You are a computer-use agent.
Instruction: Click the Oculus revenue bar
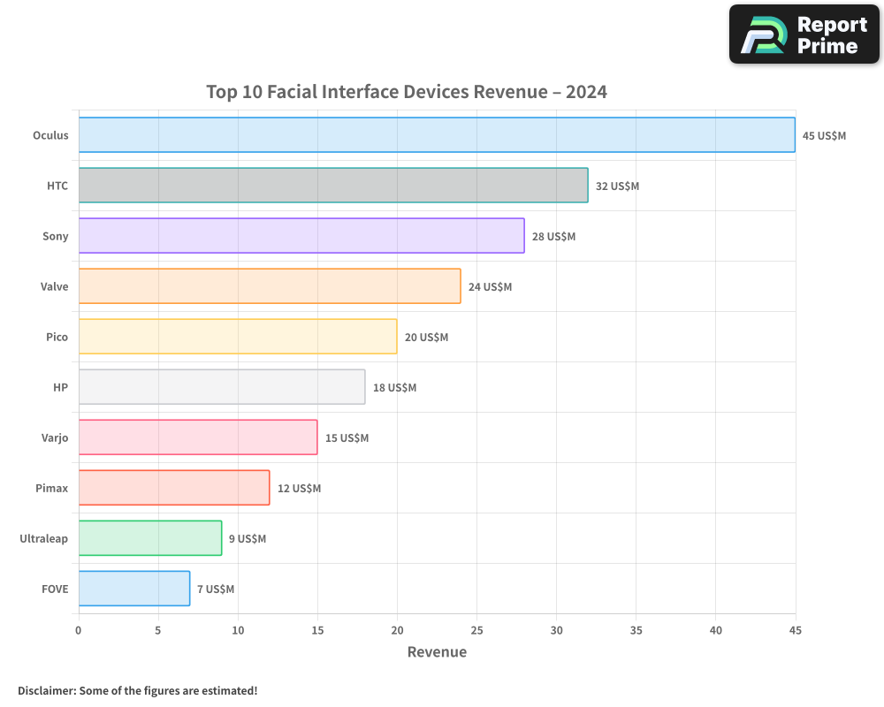[x=437, y=135]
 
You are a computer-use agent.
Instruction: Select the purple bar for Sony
[x=301, y=236]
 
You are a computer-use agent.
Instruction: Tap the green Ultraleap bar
[x=150, y=538]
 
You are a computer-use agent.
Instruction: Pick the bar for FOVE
[x=134, y=589]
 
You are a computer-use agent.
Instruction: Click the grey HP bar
[x=222, y=387]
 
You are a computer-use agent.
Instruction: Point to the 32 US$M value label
[x=617, y=186]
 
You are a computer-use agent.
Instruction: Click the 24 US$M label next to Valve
[x=490, y=287]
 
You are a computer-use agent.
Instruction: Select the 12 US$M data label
[x=299, y=489]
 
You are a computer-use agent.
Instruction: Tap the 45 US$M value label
[x=824, y=136]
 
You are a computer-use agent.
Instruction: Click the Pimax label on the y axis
[x=50, y=489]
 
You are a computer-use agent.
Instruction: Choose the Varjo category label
[x=53, y=438]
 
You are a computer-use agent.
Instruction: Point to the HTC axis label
[x=57, y=186]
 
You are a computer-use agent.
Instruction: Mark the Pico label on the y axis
[x=57, y=338]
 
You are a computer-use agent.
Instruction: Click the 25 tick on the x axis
[x=476, y=631]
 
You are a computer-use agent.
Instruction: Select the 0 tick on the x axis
[x=79, y=631]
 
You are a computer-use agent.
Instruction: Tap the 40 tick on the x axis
[x=715, y=631]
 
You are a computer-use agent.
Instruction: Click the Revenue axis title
[x=437, y=652]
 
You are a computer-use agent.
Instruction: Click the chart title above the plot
[x=407, y=92]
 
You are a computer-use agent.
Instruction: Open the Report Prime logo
[x=804, y=34]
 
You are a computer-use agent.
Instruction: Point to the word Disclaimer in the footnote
[x=46, y=690]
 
